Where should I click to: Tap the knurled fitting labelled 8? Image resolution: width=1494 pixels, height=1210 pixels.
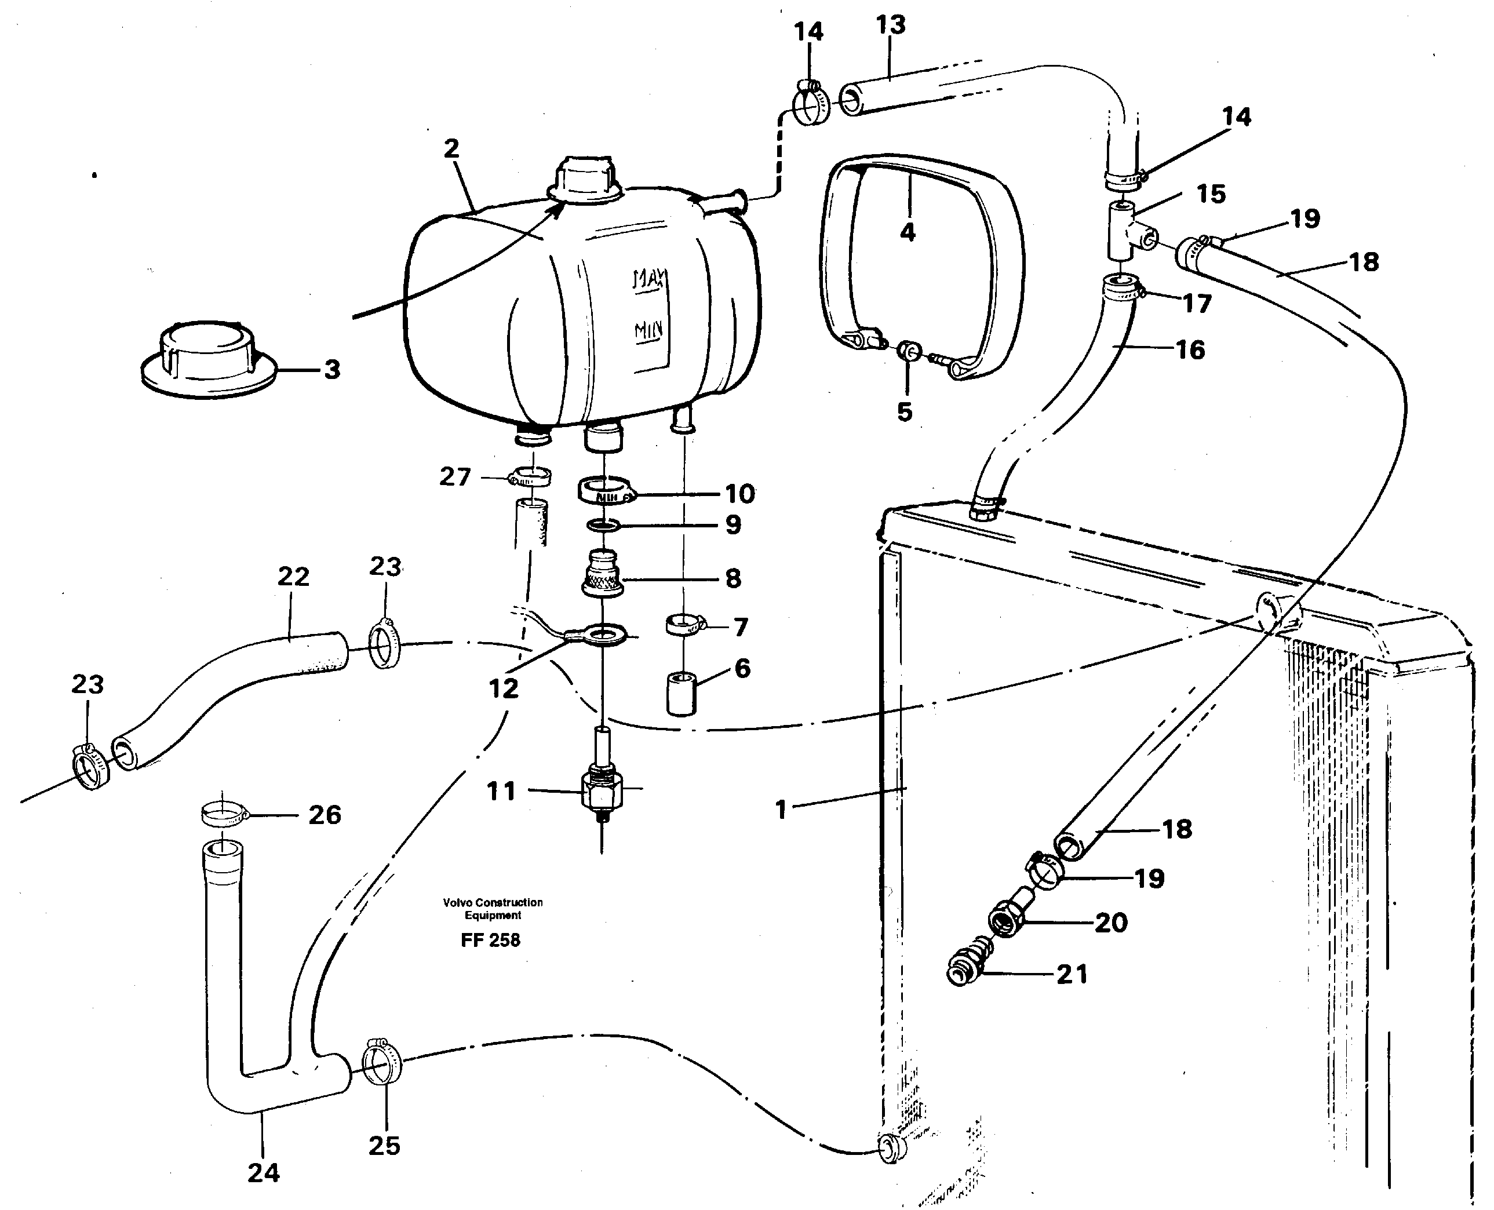602,575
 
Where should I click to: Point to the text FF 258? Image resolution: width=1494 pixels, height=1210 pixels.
491,941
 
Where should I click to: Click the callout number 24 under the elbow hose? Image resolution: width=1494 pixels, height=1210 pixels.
264,1173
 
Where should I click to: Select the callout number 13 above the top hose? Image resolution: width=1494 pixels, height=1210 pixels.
891,25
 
